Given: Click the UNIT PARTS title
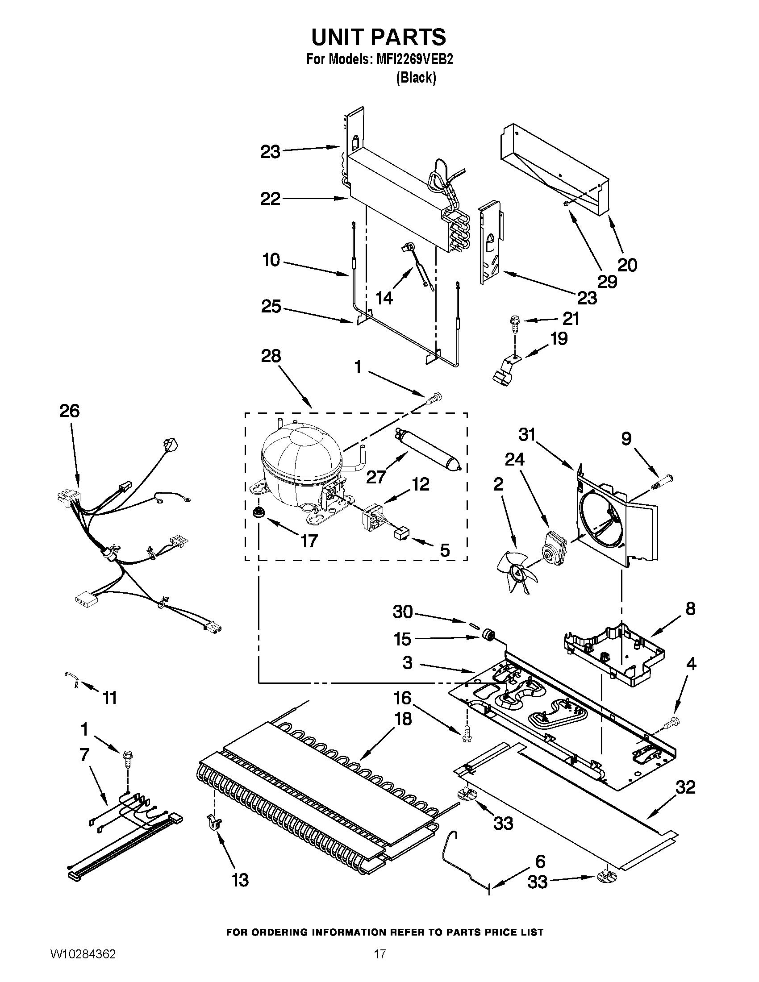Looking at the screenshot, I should point(379,37).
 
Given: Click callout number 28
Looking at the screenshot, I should point(271,356).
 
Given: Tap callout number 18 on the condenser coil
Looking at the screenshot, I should point(403,719).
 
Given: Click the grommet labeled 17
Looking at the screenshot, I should point(259,512).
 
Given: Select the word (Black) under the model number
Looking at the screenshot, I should point(416,78).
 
